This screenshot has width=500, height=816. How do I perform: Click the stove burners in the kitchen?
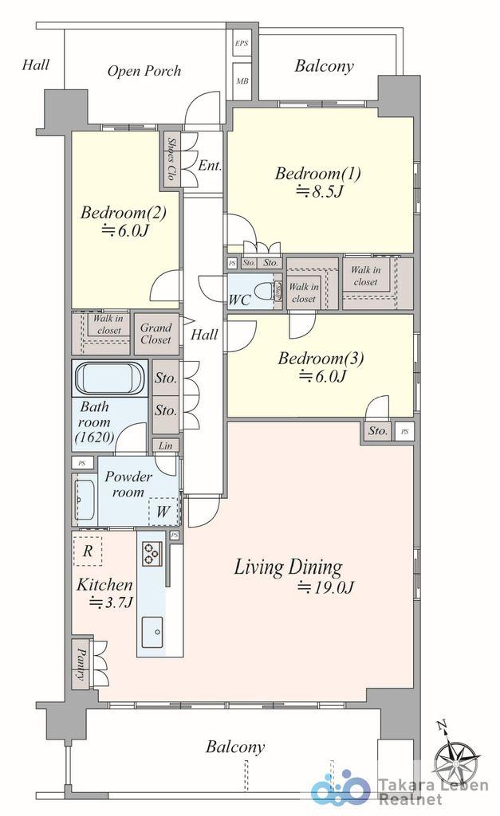tap(152, 553)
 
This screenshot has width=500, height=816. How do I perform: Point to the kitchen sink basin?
tap(152, 632)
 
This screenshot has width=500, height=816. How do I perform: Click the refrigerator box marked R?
tap(88, 551)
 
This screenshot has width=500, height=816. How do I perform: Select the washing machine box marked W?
tap(163, 511)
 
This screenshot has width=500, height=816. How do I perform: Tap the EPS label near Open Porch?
tap(241, 43)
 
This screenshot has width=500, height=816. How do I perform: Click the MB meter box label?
tap(242, 81)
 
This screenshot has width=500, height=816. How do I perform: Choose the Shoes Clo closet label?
tap(170, 159)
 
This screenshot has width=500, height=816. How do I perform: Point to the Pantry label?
tap(81, 664)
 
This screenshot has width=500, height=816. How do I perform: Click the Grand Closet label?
tap(156, 334)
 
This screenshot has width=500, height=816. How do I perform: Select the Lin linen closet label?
tap(165, 445)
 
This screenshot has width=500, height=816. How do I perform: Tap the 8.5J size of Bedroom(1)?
tap(320, 191)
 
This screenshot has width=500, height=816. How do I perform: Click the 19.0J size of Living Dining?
tap(326, 587)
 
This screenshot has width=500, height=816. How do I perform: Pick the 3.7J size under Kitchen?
tap(111, 602)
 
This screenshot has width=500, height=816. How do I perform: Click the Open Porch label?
tap(144, 71)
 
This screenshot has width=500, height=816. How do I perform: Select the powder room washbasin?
tap(85, 499)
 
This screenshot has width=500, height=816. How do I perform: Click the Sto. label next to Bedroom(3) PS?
tap(378, 431)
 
